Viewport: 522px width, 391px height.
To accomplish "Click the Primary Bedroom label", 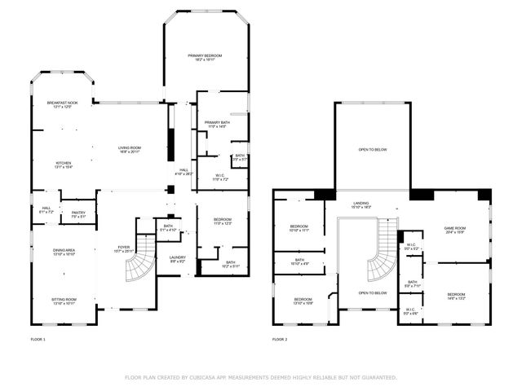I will (206, 55).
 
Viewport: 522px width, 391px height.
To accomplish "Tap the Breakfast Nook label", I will (62, 102).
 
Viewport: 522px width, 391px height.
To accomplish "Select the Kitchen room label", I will (63, 163).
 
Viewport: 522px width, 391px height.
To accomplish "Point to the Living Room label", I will (129, 148).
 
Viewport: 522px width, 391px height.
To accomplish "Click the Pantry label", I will (78, 213).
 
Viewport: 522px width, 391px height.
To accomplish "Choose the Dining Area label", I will (64, 250).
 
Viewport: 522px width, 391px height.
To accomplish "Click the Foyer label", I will (124, 248).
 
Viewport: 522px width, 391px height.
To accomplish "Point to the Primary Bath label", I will (217, 123).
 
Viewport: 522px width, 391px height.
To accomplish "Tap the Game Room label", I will (454, 228).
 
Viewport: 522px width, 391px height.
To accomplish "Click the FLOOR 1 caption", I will (38, 338).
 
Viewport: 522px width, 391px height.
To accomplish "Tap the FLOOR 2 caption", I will (281, 338).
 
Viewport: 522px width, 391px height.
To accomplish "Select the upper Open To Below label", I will (373, 149).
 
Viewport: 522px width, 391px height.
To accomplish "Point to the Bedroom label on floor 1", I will (223, 219).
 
